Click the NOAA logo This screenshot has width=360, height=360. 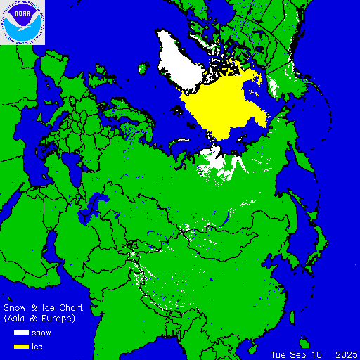coord(22,22)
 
